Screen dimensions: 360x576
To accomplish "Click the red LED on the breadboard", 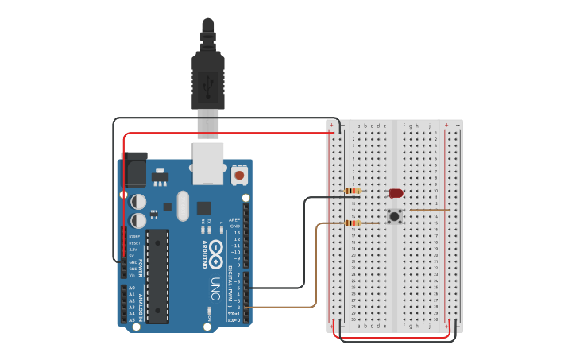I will pos(396,193).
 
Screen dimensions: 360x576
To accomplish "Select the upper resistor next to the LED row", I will pos(354,191).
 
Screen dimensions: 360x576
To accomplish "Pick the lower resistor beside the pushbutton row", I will pos(354,223).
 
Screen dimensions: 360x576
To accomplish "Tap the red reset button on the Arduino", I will pos(240,174).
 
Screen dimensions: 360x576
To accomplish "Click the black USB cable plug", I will pos(208,75).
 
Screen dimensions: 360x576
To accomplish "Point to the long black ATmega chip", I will pos(157,276).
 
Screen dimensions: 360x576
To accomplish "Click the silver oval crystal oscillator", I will pos(184,205).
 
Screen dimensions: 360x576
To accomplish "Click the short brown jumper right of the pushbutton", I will pos(429,211).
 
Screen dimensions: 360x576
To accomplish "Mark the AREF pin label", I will pos(234,219).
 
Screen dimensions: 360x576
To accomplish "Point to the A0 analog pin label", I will pos(132,288).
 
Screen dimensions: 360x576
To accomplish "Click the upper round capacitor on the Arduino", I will pos(138,201).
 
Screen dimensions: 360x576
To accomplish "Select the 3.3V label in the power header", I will pos(133,250).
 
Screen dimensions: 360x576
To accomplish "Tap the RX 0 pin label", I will pos(234,319).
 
